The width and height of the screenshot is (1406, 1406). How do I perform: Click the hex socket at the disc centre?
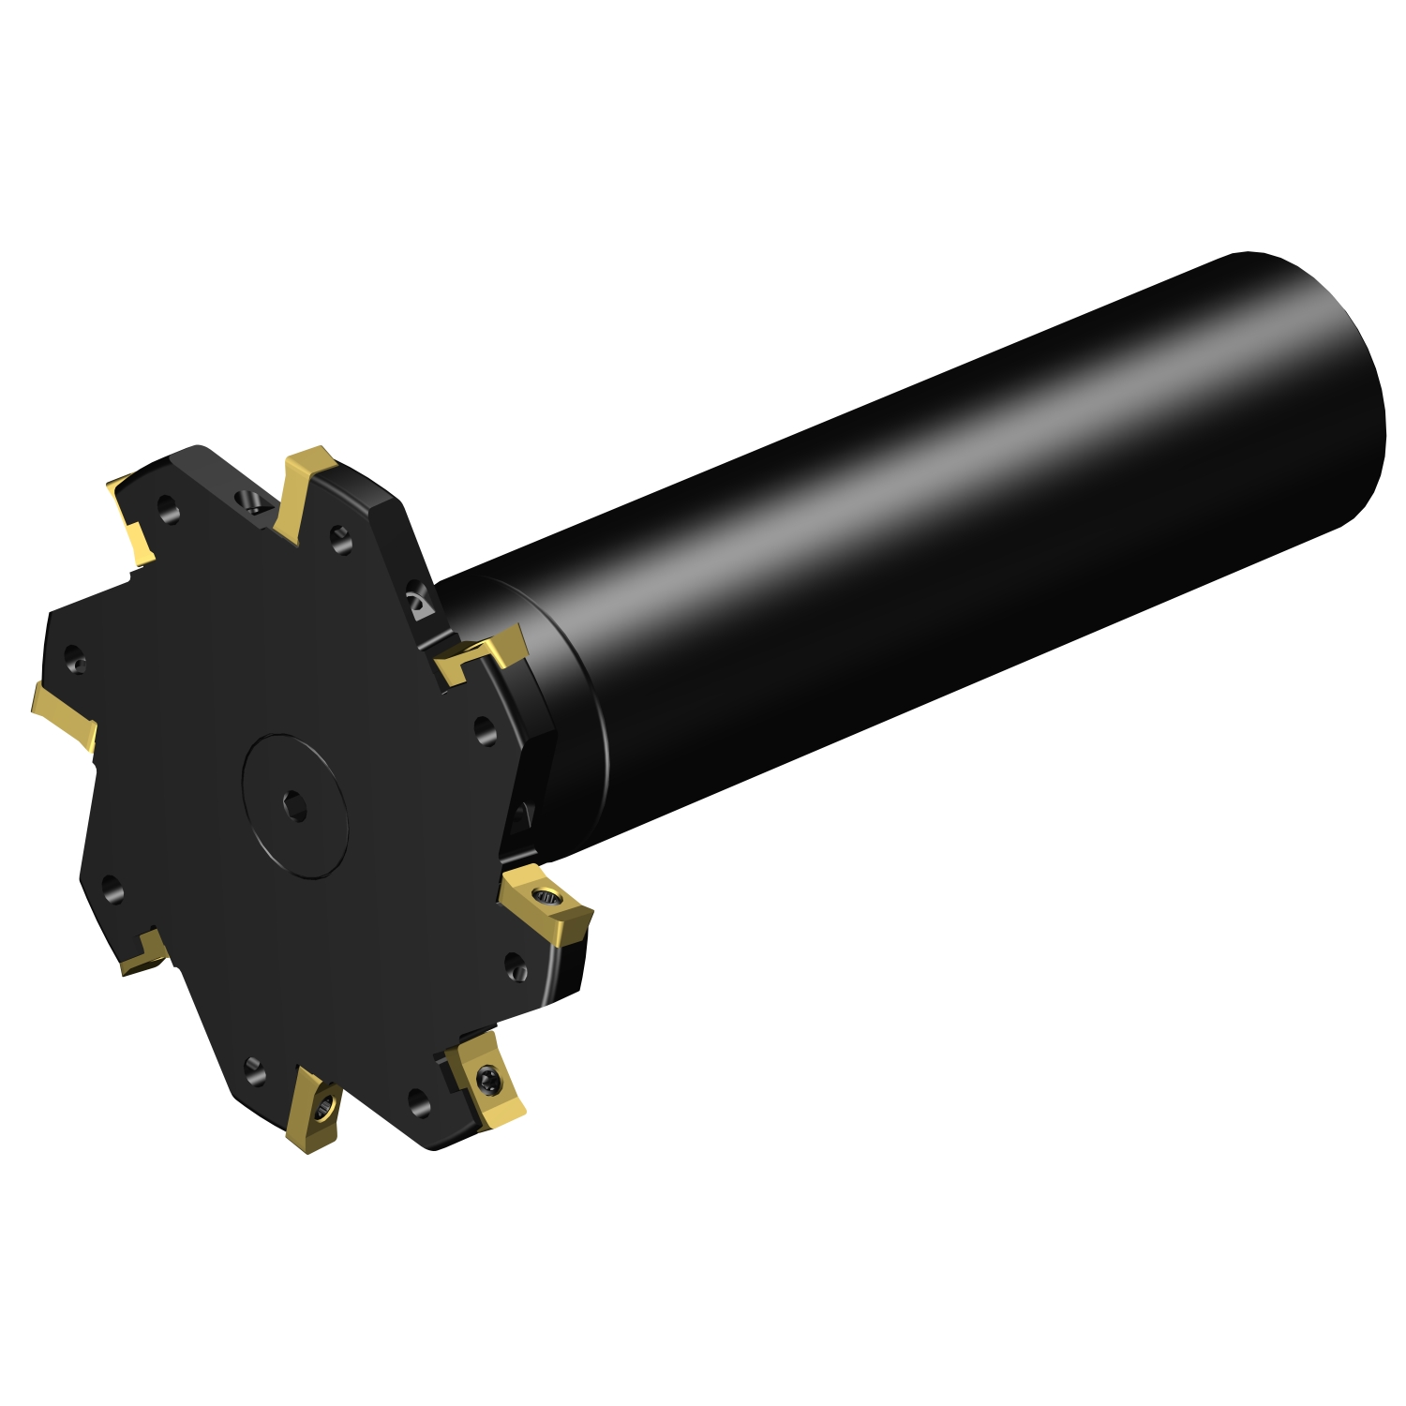coord(296,805)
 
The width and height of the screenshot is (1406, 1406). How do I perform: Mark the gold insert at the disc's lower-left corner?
coord(142,955)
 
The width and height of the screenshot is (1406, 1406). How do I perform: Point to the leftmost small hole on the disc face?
coord(75,659)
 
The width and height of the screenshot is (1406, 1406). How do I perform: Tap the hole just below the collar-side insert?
coord(485,729)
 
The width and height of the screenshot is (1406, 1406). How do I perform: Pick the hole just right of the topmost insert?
coord(342,538)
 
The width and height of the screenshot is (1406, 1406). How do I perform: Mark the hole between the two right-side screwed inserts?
coord(516,966)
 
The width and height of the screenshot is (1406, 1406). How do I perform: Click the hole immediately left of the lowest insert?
coord(254,1068)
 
